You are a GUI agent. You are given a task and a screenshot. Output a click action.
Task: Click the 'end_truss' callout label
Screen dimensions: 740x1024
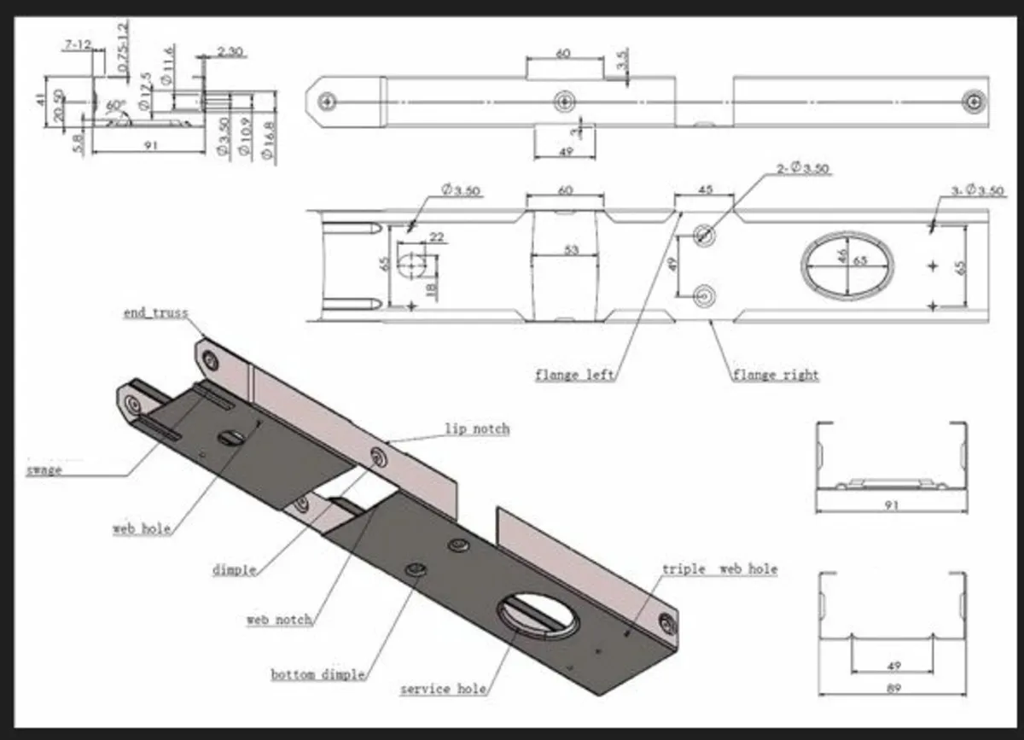point(155,313)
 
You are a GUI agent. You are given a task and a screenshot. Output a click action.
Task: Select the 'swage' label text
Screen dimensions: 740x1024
point(44,469)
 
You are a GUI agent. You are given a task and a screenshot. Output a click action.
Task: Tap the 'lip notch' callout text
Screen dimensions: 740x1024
point(476,428)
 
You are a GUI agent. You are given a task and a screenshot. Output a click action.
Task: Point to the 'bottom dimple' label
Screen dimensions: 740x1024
point(318,674)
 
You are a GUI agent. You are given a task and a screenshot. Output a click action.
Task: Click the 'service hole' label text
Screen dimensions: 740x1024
point(443,688)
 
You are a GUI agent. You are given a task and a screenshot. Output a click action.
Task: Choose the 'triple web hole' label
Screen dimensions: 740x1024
point(719,568)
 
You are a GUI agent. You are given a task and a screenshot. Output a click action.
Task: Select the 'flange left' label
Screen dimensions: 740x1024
point(574,374)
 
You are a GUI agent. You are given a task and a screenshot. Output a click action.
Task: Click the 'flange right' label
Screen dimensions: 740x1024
point(775,374)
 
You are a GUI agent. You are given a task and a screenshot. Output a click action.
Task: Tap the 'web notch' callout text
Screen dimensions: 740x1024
point(279,619)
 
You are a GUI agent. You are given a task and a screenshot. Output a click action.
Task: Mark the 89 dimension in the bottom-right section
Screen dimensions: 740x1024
point(893,688)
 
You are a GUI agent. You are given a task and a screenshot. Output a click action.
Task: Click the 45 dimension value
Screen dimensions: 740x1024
point(705,189)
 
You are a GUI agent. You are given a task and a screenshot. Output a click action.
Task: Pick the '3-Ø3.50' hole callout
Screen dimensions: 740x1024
point(977,190)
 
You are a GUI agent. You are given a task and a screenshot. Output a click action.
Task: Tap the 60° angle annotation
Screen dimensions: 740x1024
point(115,105)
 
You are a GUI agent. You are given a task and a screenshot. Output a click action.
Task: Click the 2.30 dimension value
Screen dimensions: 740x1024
point(230,52)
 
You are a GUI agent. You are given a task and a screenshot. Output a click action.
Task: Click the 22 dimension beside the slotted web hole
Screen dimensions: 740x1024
point(436,237)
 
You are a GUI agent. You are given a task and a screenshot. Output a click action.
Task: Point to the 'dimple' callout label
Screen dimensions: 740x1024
point(234,569)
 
